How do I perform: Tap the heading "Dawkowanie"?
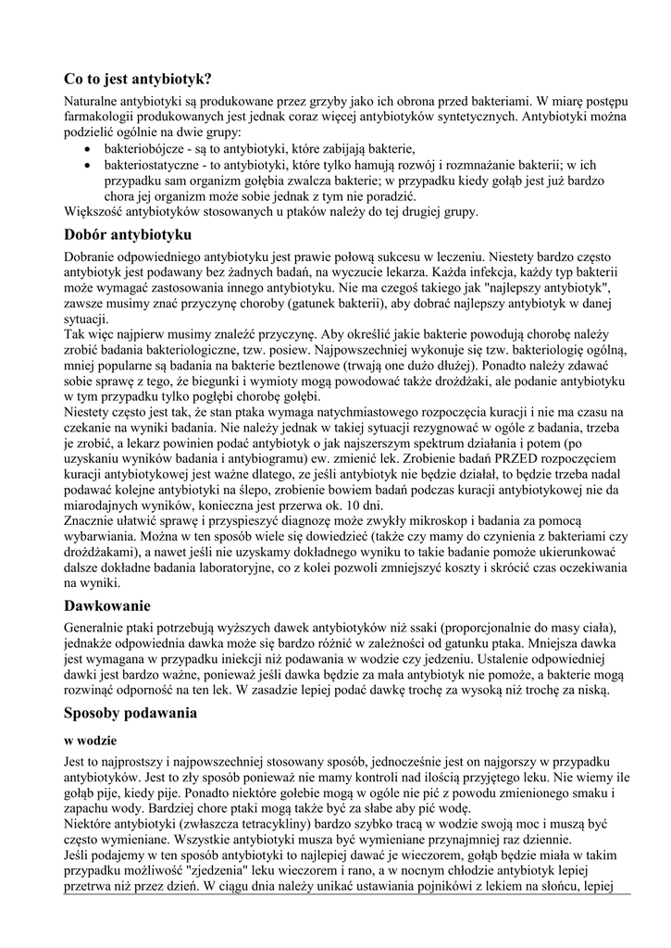[x=106, y=606]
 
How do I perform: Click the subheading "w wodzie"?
[x=89, y=742]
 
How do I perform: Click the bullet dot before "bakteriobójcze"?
[x=87, y=148]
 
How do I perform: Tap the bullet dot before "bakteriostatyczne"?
[x=87, y=164]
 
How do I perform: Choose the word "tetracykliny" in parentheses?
[x=283, y=820]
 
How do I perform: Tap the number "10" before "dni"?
[x=346, y=506]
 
